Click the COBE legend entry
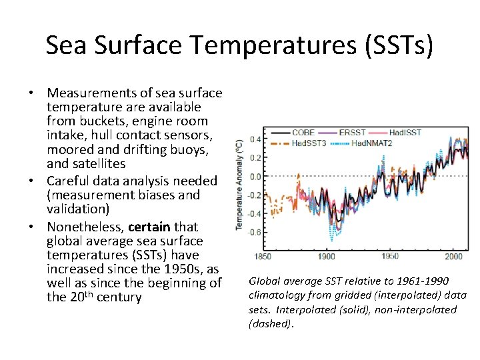303,133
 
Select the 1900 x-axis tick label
327,256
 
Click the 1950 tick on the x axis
390,256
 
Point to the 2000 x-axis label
453,256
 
